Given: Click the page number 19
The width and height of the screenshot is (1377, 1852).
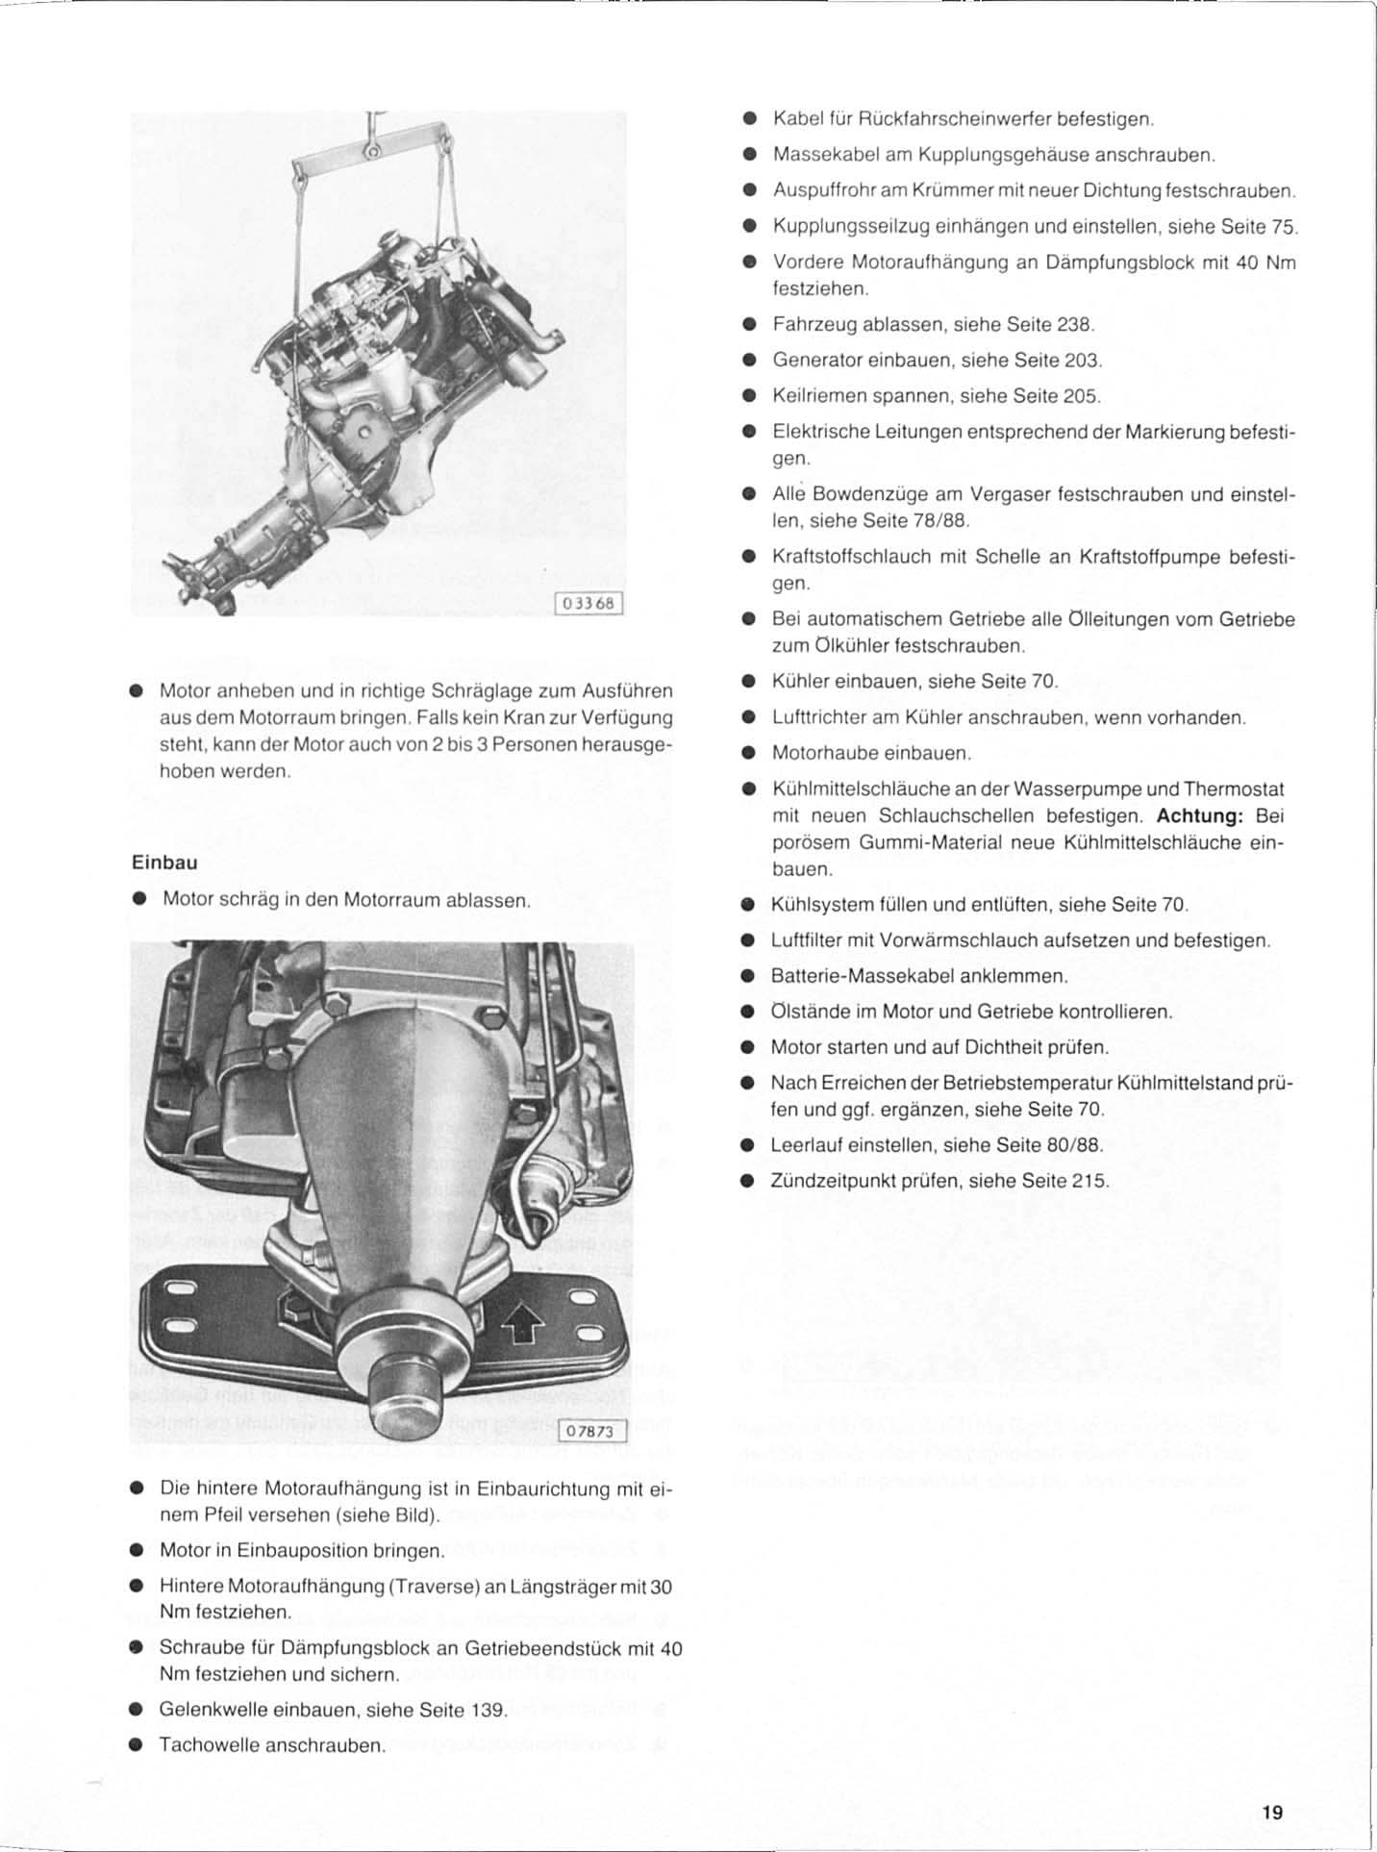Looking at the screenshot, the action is (x=1272, y=1813).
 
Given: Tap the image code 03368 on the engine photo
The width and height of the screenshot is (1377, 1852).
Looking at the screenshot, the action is (x=590, y=604).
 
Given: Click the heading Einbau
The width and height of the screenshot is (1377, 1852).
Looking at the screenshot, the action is (x=164, y=863).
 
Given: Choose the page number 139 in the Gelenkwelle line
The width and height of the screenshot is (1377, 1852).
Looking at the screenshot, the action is (x=488, y=1710).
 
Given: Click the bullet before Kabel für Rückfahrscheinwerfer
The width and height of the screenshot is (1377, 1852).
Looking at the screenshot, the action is (x=748, y=119).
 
